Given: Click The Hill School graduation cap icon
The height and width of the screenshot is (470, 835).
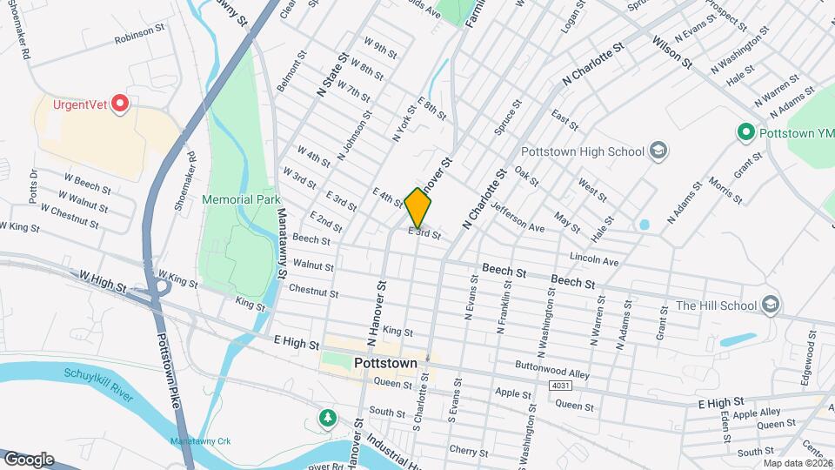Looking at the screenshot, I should click(770, 305).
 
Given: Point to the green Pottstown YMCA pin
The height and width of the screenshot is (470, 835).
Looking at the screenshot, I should click(745, 133).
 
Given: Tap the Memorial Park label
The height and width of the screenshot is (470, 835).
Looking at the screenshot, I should click(241, 199).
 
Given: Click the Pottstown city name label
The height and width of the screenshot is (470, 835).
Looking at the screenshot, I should click(385, 362).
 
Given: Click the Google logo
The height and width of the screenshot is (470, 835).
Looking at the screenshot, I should click(28, 459).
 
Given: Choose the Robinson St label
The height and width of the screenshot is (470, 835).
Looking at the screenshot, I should click(139, 30).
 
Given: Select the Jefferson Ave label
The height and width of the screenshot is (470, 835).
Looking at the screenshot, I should click(517, 217).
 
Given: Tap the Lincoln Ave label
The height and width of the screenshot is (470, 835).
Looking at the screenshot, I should click(594, 260).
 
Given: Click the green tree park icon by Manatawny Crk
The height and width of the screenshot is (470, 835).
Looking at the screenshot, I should click(327, 419).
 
